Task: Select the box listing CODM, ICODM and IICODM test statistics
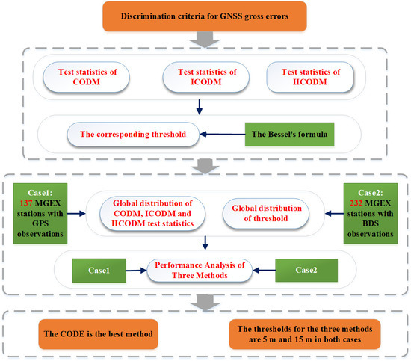point(153,210)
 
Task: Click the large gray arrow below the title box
point(205,39)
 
